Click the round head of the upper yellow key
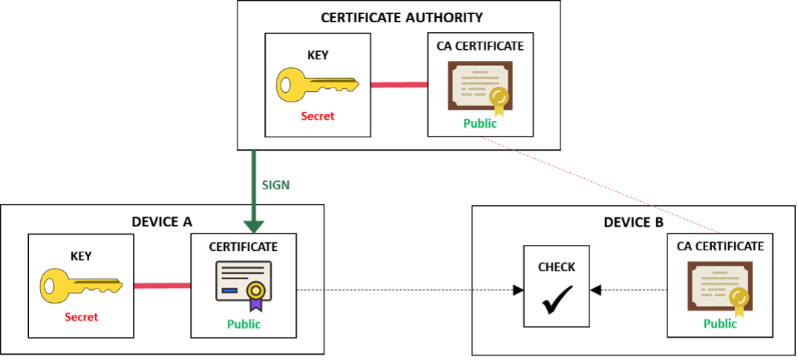pos(292,85)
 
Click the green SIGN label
pos(275,186)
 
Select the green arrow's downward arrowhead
pos(253,226)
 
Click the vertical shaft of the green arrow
pos(253,178)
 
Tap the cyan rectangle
pos(310,256)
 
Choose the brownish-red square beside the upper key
pos(399,115)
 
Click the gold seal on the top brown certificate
pos(499,96)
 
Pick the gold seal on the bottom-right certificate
pos(738,298)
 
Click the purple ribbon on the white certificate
pos(255,304)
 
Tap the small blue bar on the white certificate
pos(229,290)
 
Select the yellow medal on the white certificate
pos(255,289)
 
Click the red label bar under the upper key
pos(335,116)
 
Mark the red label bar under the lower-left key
pos(99,317)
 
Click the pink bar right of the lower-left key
pos(162,286)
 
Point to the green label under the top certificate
pos(479,125)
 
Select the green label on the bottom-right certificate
pos(719,324)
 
